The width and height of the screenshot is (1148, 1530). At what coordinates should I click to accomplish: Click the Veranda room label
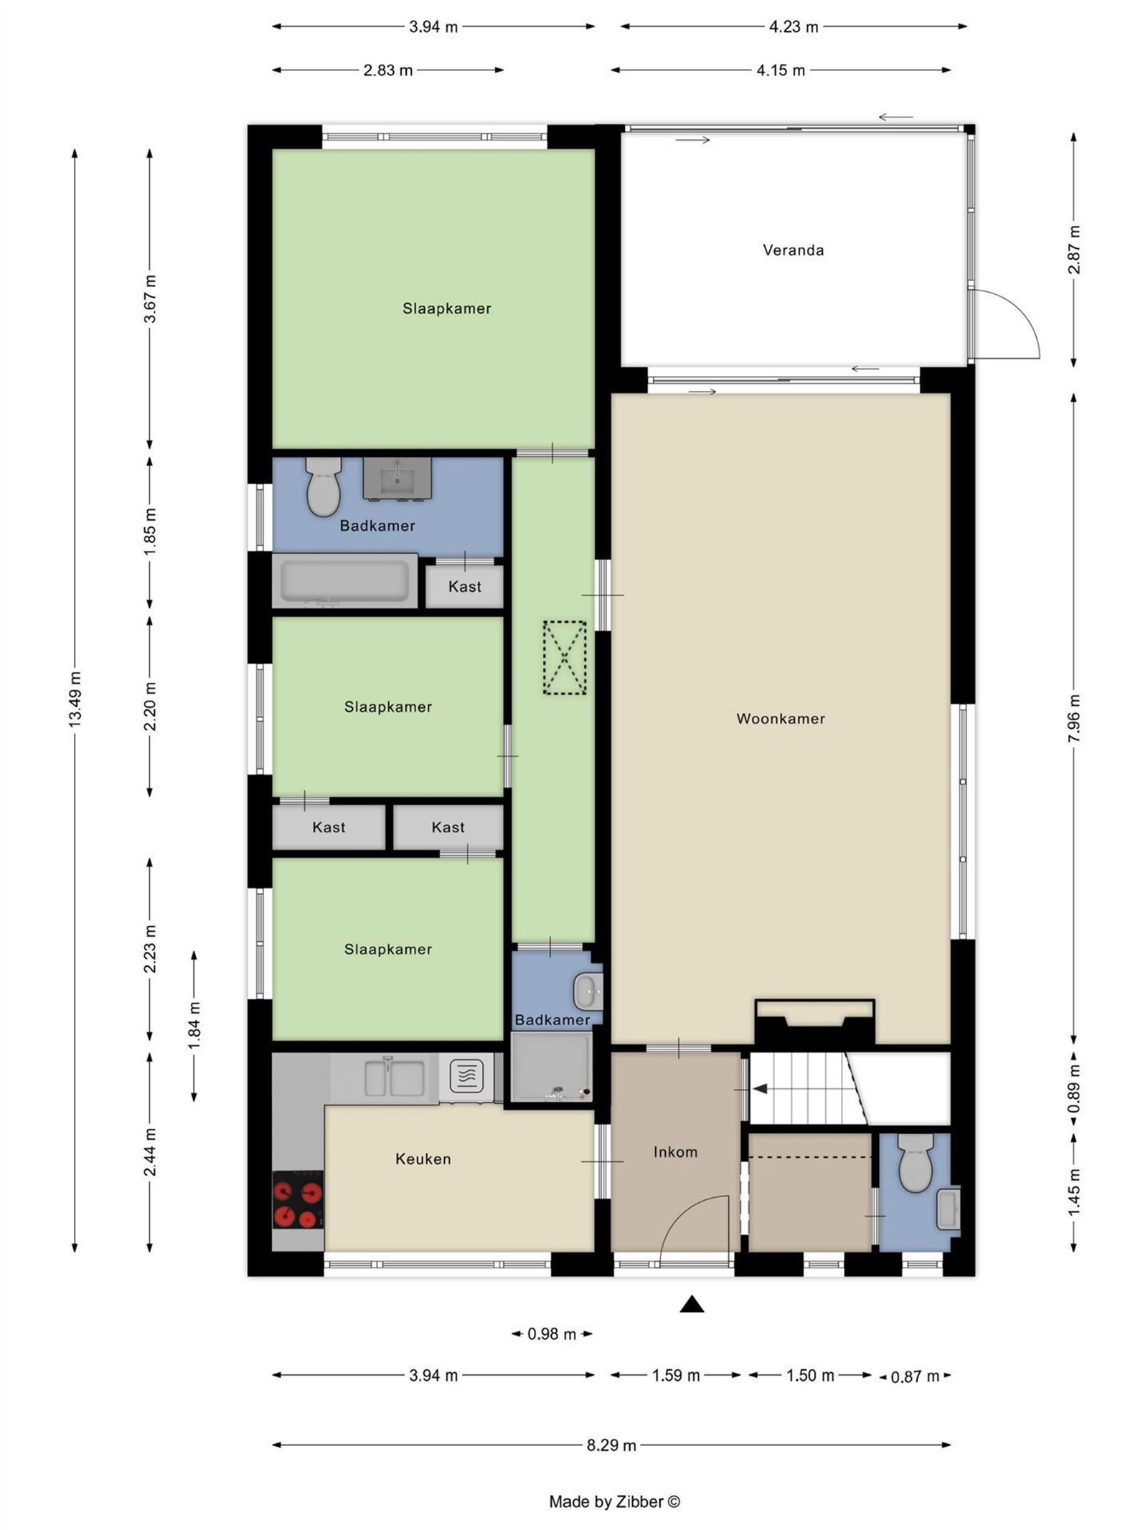[x=793, y=250]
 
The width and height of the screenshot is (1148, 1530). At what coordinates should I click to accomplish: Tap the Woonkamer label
[x=781, y=718]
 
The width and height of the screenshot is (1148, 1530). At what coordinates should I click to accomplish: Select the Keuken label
[x=423, y=1158]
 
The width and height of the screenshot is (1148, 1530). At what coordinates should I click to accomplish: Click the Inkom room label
[x=675, y=1151]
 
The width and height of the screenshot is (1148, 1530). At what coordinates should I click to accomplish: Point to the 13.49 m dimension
[x=75, y=699]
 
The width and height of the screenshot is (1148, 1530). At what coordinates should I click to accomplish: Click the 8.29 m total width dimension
[x=611, y=1445]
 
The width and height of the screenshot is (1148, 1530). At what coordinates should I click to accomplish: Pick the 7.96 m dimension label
[x=1074, y=718]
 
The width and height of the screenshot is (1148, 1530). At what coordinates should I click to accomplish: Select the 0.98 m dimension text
[x=552, y=1334]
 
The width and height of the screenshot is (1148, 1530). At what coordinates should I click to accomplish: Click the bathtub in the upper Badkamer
[x=345, y=580]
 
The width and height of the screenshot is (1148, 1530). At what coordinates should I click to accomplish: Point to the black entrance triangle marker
[x=691, y=1304]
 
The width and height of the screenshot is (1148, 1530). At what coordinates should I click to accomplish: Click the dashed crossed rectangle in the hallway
[x=565, y=657]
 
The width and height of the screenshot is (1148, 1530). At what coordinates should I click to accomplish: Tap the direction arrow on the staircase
[x=759, y=1089]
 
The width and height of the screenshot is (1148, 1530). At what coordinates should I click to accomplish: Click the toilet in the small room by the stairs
[x=916, y=1162]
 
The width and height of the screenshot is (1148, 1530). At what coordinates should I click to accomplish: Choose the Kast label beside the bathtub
[x=465, y=586]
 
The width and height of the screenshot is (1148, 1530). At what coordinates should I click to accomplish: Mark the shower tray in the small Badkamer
[x=552, y=1067]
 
